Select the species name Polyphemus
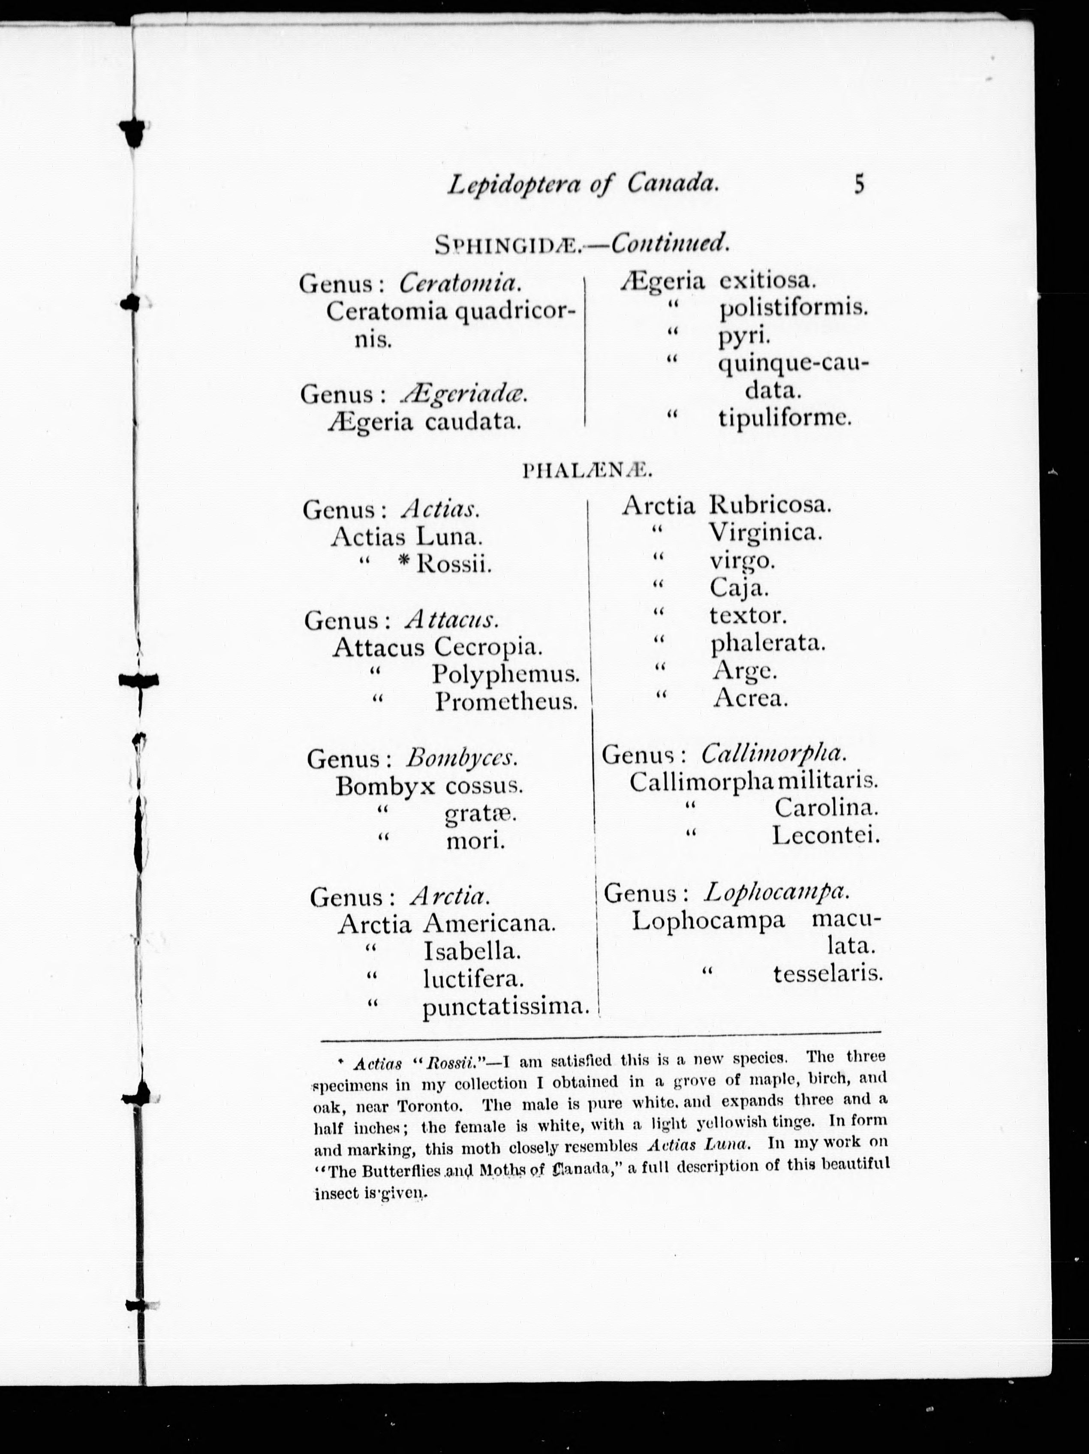click(x=505, y=674)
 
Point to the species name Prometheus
click(x=506, y=702)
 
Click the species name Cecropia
click(x=489, y=647)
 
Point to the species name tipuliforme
click(x=785, y=418)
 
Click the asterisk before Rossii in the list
click(x=404, y=563)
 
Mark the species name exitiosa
click(x=767, y=281)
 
